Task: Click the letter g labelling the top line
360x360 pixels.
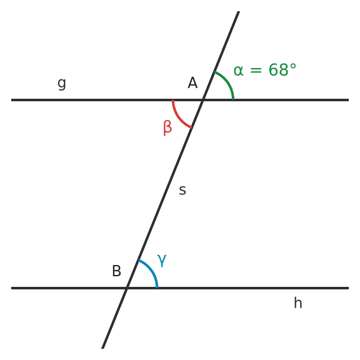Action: pyautogui.click(x=62, y=84)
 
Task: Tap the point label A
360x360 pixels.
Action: pyautogui.click(x=192, y=82)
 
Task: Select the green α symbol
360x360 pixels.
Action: pyautogui.click(x=238, y=70)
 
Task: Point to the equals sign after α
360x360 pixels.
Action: pyautogui.click(x=256, y=70)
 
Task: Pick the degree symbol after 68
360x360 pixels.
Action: pyautogui.click(x=293, y=66)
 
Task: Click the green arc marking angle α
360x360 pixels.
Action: pyautogui.click(x=227, y=82)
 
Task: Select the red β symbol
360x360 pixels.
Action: pyautogui.click(x=167, y=128)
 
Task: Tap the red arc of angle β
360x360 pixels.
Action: pyautogui.click(x=178, y=117)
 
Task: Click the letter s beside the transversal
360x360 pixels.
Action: pyautogui.click(x=182, y=191)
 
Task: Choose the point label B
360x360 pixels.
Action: pyautogui.click(x=116, y=271)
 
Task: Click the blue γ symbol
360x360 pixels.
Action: pyautogui.click(x=162, y=261)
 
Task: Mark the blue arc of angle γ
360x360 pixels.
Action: pyautogui.click(x=151, y=270)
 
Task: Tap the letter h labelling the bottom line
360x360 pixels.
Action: pyautogui.click(x=298, y=303)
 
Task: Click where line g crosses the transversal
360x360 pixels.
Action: pyautogui.click(x=203, y=100)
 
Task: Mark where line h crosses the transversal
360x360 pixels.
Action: pyautogui.click(x=127, y=288)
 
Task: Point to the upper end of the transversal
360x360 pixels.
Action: pyautogui.click(x=239, y=11)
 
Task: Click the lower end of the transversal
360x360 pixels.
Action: pyautogui.click(x=102, y=348)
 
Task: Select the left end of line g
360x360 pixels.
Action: pyautogui.click(x=11, y=100)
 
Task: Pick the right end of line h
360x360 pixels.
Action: pyautogui.click(x=349, y=288)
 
